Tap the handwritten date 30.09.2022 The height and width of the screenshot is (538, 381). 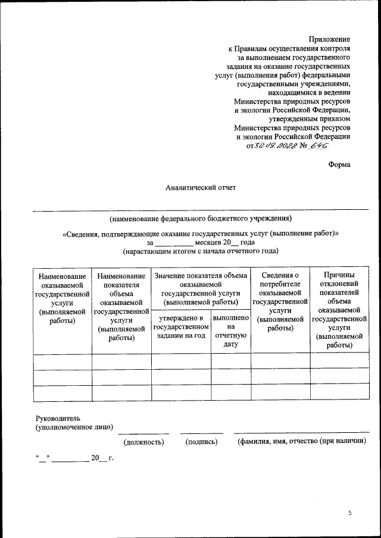click(x=276, y=145)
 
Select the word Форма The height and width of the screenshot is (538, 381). click(x=339, y=165)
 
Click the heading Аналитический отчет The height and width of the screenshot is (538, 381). click(x=201, y=188)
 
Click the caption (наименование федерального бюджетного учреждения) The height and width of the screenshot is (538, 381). click(x=201, y=218)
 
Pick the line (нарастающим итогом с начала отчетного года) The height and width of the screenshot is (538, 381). click(x=201, y=251)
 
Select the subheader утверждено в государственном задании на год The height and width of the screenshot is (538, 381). click(x=181, y=326)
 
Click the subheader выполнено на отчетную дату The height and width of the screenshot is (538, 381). click(x=231, y=331)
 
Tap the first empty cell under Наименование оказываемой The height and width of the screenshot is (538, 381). click(x=63, y=361)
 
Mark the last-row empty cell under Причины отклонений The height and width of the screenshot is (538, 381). click(x=339, y=394)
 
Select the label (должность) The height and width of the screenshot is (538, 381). click(x=143, y=442)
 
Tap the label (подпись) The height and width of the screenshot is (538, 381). click(x=201, y=442)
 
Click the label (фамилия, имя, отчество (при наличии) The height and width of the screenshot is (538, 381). click(x=301, y=442)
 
